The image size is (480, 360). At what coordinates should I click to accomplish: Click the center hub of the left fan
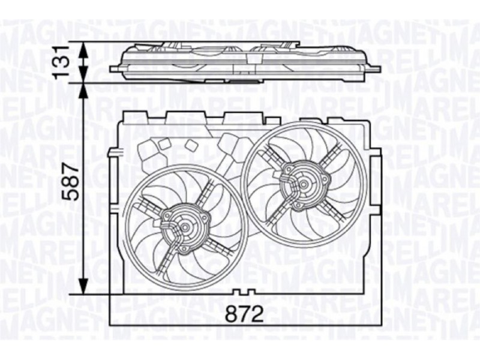(185, 227)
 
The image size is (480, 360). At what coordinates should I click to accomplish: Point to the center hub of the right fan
(304, 184)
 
